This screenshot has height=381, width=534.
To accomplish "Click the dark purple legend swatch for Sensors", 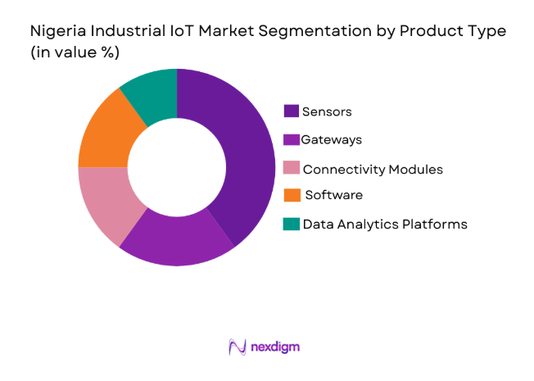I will (x=291, y=111).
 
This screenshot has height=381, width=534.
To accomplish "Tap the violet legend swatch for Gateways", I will (x=291, y=140).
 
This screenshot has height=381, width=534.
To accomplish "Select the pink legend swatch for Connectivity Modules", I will (x=291, y=169).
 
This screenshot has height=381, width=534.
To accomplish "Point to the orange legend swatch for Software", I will (x=291, y=195).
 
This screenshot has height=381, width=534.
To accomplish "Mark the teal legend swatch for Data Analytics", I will (x=291, y=224).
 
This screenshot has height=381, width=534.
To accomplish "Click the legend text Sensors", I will (x=328, y=111).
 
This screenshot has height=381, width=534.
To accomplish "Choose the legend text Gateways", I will (x=331, y=140).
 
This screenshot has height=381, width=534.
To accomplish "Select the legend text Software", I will (x=333, y=195).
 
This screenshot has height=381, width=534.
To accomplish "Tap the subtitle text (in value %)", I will (x=75, y=53).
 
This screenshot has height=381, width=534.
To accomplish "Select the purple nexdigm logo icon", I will (x=238, y=347).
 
